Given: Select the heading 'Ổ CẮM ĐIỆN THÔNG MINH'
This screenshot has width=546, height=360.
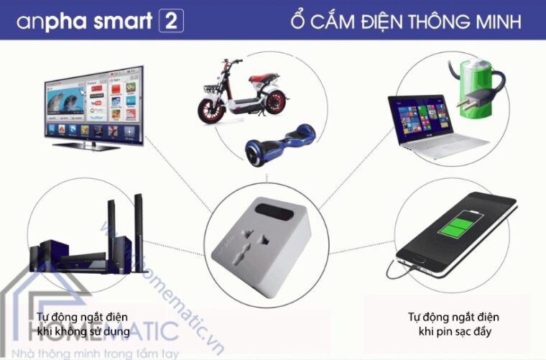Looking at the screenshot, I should [406, 21].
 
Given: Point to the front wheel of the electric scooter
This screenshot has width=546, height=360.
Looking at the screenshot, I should [209, 109].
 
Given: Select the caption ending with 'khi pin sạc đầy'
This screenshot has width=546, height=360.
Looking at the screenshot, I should [453, 324].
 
